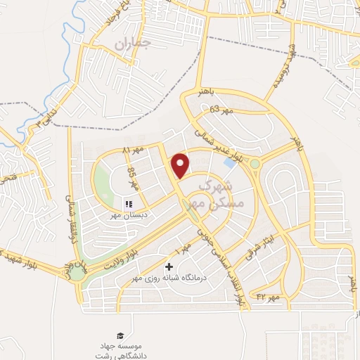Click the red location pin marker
point(181,164)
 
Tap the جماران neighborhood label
point(133,44)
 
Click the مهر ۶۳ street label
point(220,110)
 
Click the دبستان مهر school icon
point(128,205)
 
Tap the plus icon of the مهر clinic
point(169,267)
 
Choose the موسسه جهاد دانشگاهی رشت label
point(120,349)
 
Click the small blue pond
point(229,162)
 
